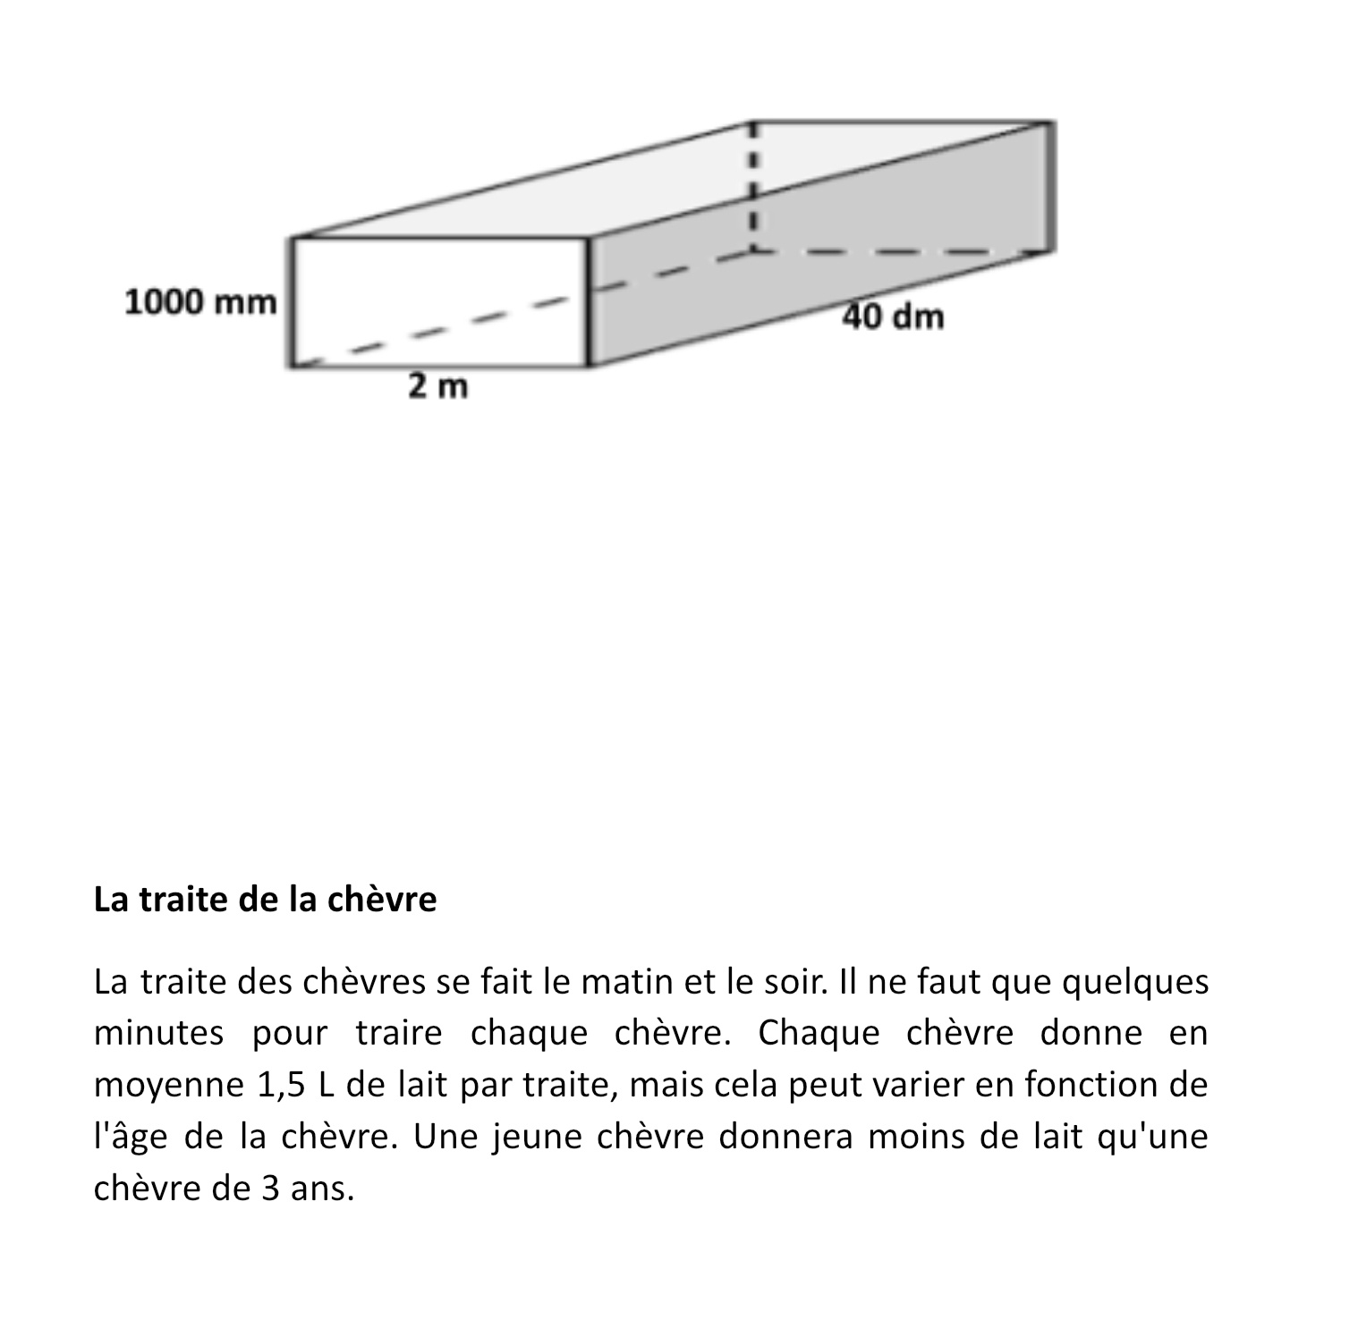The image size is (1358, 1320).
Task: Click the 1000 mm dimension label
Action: (x=200, y=302)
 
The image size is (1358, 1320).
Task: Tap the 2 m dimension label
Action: (x=438, y=387)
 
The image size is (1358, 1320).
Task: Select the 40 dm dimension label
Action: (x=893, y=317)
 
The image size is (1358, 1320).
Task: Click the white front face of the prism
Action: (x=438, y=302)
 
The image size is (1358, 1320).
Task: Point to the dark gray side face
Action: (x=805, y=268)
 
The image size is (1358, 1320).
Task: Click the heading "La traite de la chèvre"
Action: (x=265, y=900)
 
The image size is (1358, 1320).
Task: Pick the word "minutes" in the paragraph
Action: (x=158, y=1033)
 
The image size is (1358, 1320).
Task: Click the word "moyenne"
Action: (x=169, y=1085)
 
